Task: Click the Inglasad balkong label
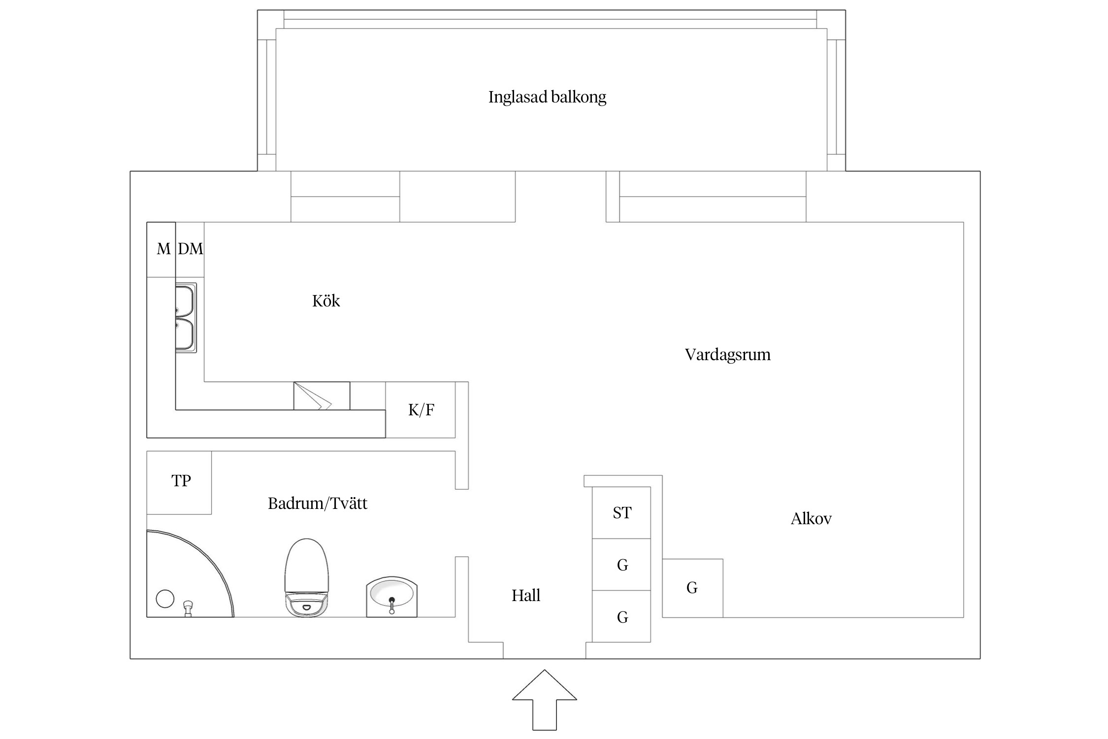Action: (547, 97)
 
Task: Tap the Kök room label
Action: (326, 301)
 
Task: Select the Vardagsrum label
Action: (727, 355)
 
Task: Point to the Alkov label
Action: (811, 519)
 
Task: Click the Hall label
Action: (526, 596)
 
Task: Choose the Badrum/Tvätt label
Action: (318, 504)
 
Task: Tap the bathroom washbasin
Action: (391, 596)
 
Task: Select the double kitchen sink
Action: (186, 318)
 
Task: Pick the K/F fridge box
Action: (421, 410)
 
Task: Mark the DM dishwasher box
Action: (190, 249)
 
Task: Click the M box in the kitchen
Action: (163, 249)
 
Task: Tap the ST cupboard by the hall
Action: (621, 513)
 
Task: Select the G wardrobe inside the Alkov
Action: (692, 588)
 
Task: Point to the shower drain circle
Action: (165, 599)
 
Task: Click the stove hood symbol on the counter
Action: (322, 396)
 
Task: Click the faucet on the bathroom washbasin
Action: (391, 604)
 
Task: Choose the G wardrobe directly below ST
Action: (621, 565)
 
